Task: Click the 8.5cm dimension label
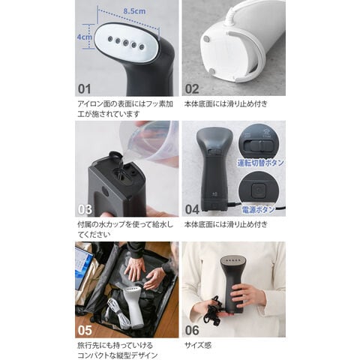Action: (134, 11)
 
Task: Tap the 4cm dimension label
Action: (84, 37)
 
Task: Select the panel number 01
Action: (85, 88)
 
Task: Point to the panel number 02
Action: (192, 88)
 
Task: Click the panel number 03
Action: (85, 209)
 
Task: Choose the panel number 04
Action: (192, 209)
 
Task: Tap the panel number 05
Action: (85, 330)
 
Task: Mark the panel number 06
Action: (192, 330)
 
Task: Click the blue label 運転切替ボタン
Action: (260, 163)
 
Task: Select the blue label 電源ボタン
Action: (259, 209)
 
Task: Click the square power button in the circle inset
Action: (257, 190)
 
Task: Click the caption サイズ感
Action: (198, 346)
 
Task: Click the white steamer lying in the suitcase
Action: (132, 307)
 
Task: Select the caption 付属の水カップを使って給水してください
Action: (125, 229)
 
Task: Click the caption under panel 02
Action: (226, 103)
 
